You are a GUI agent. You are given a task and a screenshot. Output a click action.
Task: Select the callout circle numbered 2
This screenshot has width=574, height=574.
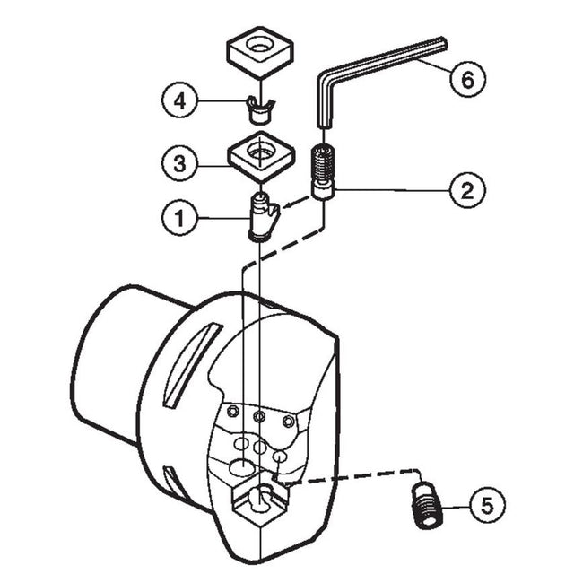pos(468,189)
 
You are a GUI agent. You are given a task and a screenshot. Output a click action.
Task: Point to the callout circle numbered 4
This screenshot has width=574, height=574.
pos(180,100)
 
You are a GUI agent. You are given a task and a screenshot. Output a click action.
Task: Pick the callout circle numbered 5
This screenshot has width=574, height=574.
pos(486,506)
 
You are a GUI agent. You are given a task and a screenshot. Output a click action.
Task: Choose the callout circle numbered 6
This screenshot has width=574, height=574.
pos(466,79)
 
